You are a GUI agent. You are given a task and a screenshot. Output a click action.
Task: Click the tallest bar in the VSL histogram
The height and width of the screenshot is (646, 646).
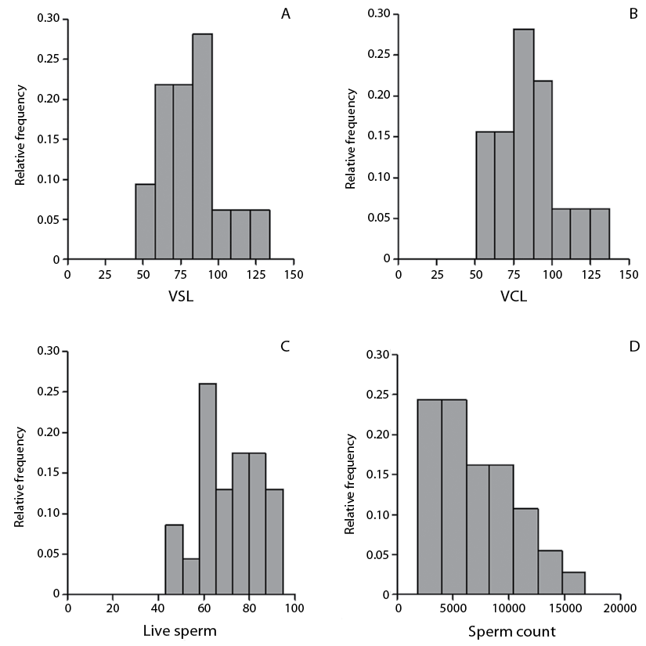pos(202,146)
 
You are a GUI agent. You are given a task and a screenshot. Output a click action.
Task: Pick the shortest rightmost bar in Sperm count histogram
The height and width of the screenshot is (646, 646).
pos(573,583)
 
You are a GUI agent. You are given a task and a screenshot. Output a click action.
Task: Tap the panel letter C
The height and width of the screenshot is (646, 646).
pos(285,345)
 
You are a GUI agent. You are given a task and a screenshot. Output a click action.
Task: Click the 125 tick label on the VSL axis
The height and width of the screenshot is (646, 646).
pos(255,274)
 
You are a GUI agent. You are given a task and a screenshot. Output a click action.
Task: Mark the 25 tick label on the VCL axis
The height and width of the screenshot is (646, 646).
pos(437,274)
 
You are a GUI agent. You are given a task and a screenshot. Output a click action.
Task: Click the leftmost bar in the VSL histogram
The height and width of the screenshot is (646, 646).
pos(145,222)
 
